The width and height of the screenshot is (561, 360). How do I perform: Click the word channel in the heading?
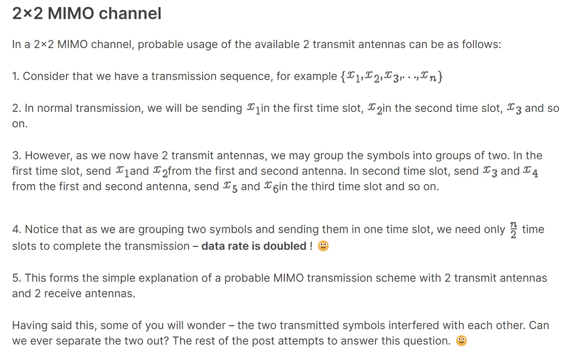coord(130,13)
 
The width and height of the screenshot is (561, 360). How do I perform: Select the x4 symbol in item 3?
coord(531,172)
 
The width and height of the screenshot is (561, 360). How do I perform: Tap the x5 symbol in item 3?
coord(230,187)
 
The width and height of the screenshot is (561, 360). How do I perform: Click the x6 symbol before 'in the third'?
coord(271,187)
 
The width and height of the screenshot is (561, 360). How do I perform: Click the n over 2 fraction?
coord(513,230)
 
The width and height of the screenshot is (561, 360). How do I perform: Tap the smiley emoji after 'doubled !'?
coord(323,246)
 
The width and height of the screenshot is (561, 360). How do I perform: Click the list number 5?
coord(16,278)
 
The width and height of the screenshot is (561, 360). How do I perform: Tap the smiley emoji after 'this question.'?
coord(462,341)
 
